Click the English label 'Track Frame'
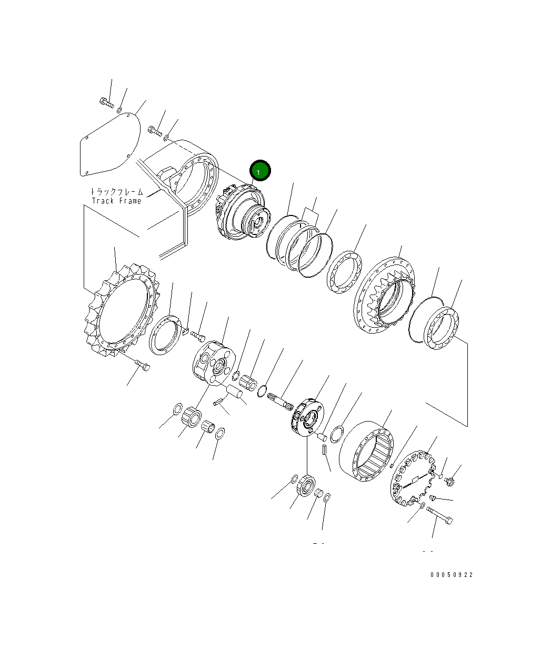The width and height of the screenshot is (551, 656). pos(117,201)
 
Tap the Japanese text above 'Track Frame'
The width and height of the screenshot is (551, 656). pos(117,192)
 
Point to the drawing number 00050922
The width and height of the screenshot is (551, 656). pos(451,574)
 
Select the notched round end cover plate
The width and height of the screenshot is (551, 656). pos(414,479)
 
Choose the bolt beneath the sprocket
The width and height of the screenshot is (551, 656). pos(142,364)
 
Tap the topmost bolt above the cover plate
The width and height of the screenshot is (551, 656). pos(106,102)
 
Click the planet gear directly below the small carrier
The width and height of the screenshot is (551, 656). pos(306,485)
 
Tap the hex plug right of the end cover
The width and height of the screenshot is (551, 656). pos(450,480)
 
